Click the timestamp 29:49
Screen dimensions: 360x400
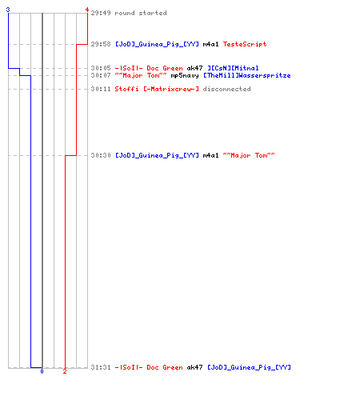101,13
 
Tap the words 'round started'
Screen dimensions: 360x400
141,13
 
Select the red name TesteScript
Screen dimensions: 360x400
245,44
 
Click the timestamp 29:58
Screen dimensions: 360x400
101,44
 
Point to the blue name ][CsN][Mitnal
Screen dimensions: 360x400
233,68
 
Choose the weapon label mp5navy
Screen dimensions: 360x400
185,76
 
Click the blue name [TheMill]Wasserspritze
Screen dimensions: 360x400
247,75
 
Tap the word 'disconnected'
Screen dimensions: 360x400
226,89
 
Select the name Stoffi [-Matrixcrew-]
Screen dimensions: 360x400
157,89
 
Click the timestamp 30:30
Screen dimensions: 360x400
101,155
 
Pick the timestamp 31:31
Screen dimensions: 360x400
101,367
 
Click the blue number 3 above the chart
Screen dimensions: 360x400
8,10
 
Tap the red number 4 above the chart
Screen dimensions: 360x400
86,10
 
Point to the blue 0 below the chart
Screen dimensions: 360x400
42,371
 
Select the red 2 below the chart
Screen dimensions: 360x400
65,371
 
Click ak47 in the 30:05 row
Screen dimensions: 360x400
194,68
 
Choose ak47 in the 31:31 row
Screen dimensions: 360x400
194,367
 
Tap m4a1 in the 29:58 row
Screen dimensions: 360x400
210,44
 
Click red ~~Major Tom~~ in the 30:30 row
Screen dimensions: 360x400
249,155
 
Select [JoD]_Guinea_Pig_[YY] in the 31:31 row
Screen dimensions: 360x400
249,367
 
